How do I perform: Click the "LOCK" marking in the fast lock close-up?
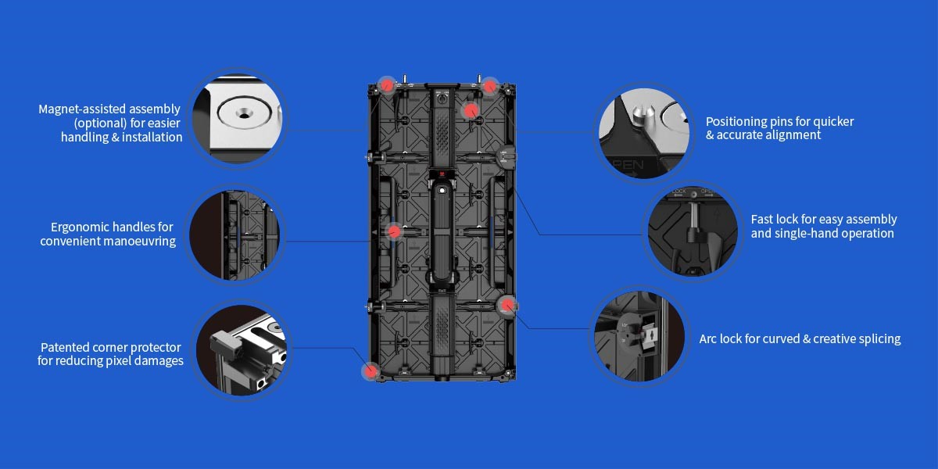[678, 190]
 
